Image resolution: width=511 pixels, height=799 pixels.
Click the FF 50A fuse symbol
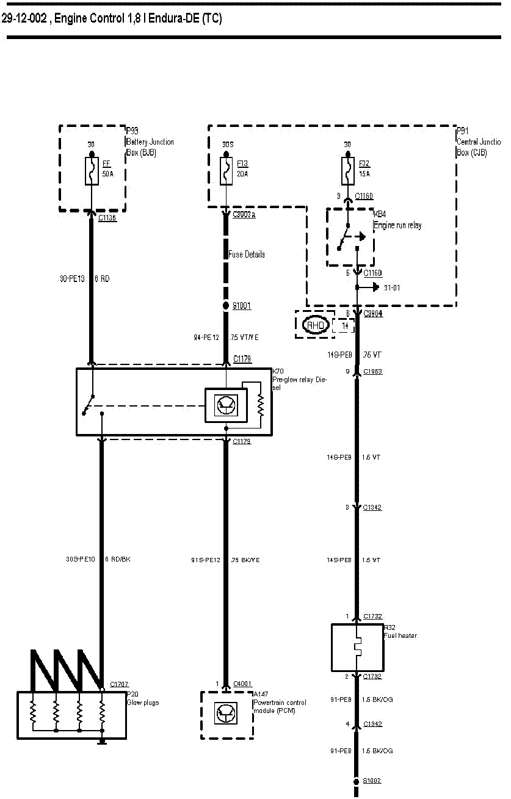point(92,171)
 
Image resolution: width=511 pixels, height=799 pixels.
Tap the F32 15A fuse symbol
point(348,171)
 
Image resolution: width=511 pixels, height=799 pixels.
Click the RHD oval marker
point(315,325)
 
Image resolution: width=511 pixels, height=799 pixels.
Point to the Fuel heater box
point(357,647)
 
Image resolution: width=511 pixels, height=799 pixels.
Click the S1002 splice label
point(372,781)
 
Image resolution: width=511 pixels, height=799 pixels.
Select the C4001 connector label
point(242,684)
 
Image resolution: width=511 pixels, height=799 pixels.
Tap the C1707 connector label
point(119,685)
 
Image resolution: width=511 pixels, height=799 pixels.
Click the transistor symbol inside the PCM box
point(226,714)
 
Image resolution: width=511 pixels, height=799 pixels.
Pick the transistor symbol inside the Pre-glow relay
point(226,405)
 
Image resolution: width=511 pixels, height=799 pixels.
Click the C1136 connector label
point(107,217)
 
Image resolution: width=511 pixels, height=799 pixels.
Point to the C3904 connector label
point(372,314)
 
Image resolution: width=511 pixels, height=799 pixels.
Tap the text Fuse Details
point(247,255)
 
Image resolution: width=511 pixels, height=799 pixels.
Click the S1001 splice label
point(242,306)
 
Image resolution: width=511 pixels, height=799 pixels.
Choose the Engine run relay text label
point(397,225)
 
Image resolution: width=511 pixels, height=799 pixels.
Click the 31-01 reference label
point(392,287)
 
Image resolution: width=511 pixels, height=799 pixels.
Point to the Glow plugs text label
point(142,703)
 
